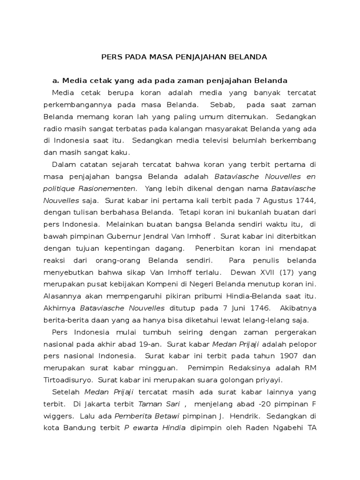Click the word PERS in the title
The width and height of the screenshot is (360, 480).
click(x=112, y=57)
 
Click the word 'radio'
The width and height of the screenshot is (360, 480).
click(x=53, y=128)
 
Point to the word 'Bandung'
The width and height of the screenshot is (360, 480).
click(x=79, y=427)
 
